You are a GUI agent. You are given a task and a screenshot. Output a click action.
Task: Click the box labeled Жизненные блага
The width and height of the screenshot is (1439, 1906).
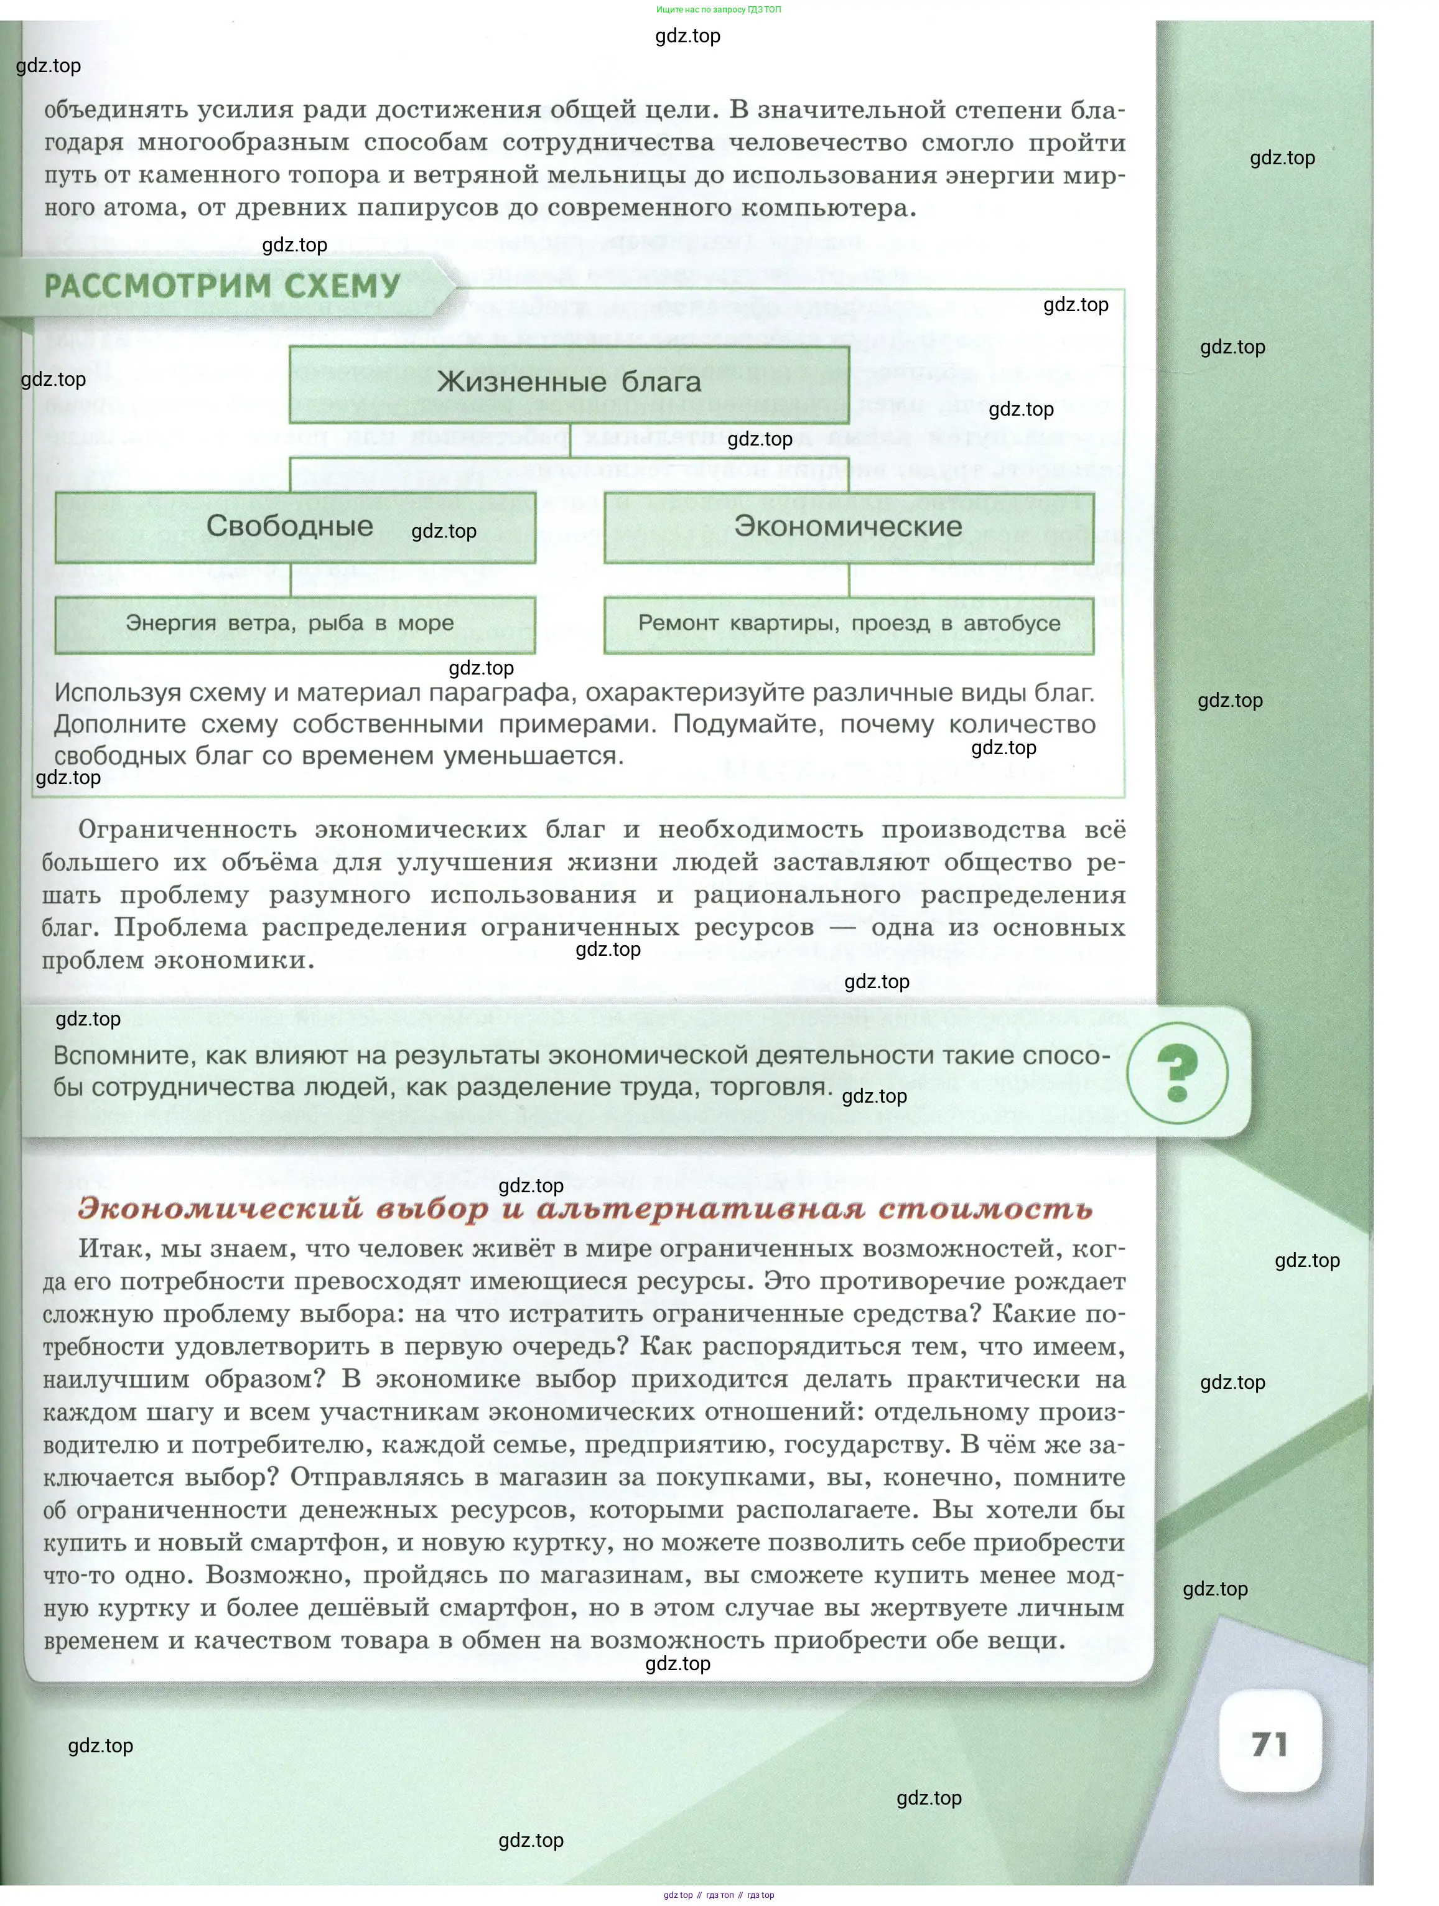569,383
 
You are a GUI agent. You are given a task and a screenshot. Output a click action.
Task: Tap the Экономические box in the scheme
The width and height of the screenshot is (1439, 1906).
848,526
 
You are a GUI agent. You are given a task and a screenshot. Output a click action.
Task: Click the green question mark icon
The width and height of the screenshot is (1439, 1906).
1177,1073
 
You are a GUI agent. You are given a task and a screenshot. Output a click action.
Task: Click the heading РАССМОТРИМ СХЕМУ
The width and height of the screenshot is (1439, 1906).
222,286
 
